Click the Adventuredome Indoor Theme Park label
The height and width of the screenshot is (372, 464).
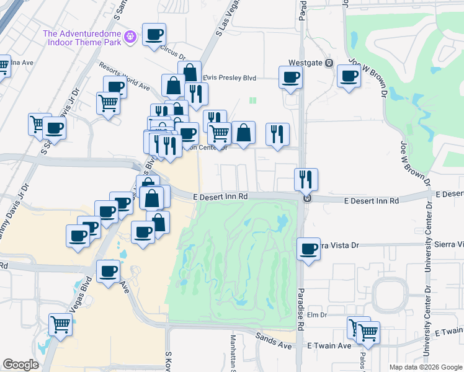pyautogui.click(x=82, y=38)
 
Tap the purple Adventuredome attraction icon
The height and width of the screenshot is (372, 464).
pyautogui.click(x=130, y=38)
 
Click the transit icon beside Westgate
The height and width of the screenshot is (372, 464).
pyautogui.click(x=329, y=63)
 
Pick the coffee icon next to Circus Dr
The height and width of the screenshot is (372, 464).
pyautogui.click(x=154, y=35)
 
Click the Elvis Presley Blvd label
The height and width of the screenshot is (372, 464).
pyautogui.click(x=229, y=78)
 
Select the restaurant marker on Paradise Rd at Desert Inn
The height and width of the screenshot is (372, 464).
pyautogui.click(x=306, y=179)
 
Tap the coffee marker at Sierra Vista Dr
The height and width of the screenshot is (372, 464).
pyautogui.click(x=308, y=249)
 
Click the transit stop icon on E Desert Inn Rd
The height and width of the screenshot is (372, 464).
pyautogui.click(x=306, y=199)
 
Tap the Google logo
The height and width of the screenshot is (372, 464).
pyautogui.click(x=21, y=365)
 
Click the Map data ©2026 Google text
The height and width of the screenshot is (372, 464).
pyautogui.click(x=424, y=367)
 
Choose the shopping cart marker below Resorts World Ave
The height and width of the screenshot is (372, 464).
pyautogui.click(x=108, y=104)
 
